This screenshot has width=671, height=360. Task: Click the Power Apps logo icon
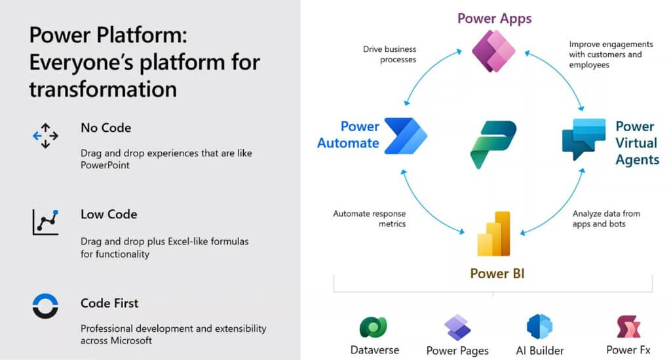point(493,51)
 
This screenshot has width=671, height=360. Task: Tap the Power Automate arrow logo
point(406,136)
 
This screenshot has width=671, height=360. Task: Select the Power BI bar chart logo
point(493,233)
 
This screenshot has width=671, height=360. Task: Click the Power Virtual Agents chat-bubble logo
point(584,139)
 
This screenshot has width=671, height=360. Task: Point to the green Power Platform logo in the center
point(493,144)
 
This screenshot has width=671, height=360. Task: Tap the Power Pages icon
point(457,327)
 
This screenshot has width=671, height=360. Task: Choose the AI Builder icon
point(540,327)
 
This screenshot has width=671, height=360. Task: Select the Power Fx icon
point(628,327)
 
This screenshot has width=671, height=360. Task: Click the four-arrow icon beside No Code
point(45,136)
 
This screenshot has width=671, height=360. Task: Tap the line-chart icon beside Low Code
point(45,222)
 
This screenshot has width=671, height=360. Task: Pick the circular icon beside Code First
point(45,306)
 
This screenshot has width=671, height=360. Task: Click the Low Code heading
point(109,214)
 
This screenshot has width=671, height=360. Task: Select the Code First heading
point(109,303)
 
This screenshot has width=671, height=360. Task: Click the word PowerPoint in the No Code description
point(105,165)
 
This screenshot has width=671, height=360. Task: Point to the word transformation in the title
point(103,89)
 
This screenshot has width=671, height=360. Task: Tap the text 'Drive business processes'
point(389,54)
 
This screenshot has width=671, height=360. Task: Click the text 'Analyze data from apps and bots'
point(606,219)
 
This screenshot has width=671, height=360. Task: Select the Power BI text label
point(497,273)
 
